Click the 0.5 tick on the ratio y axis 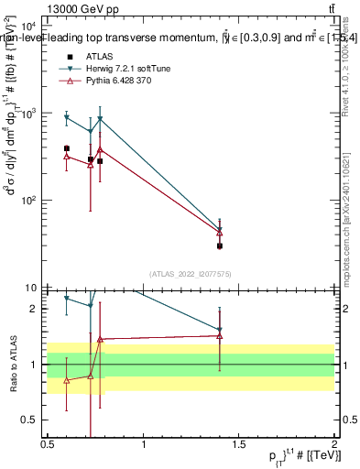point(28,420)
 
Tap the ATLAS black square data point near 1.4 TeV point(220,245)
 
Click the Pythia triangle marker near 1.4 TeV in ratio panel point(220,335)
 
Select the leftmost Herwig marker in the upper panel point(67,117)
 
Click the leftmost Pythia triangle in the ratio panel point(67,380)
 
